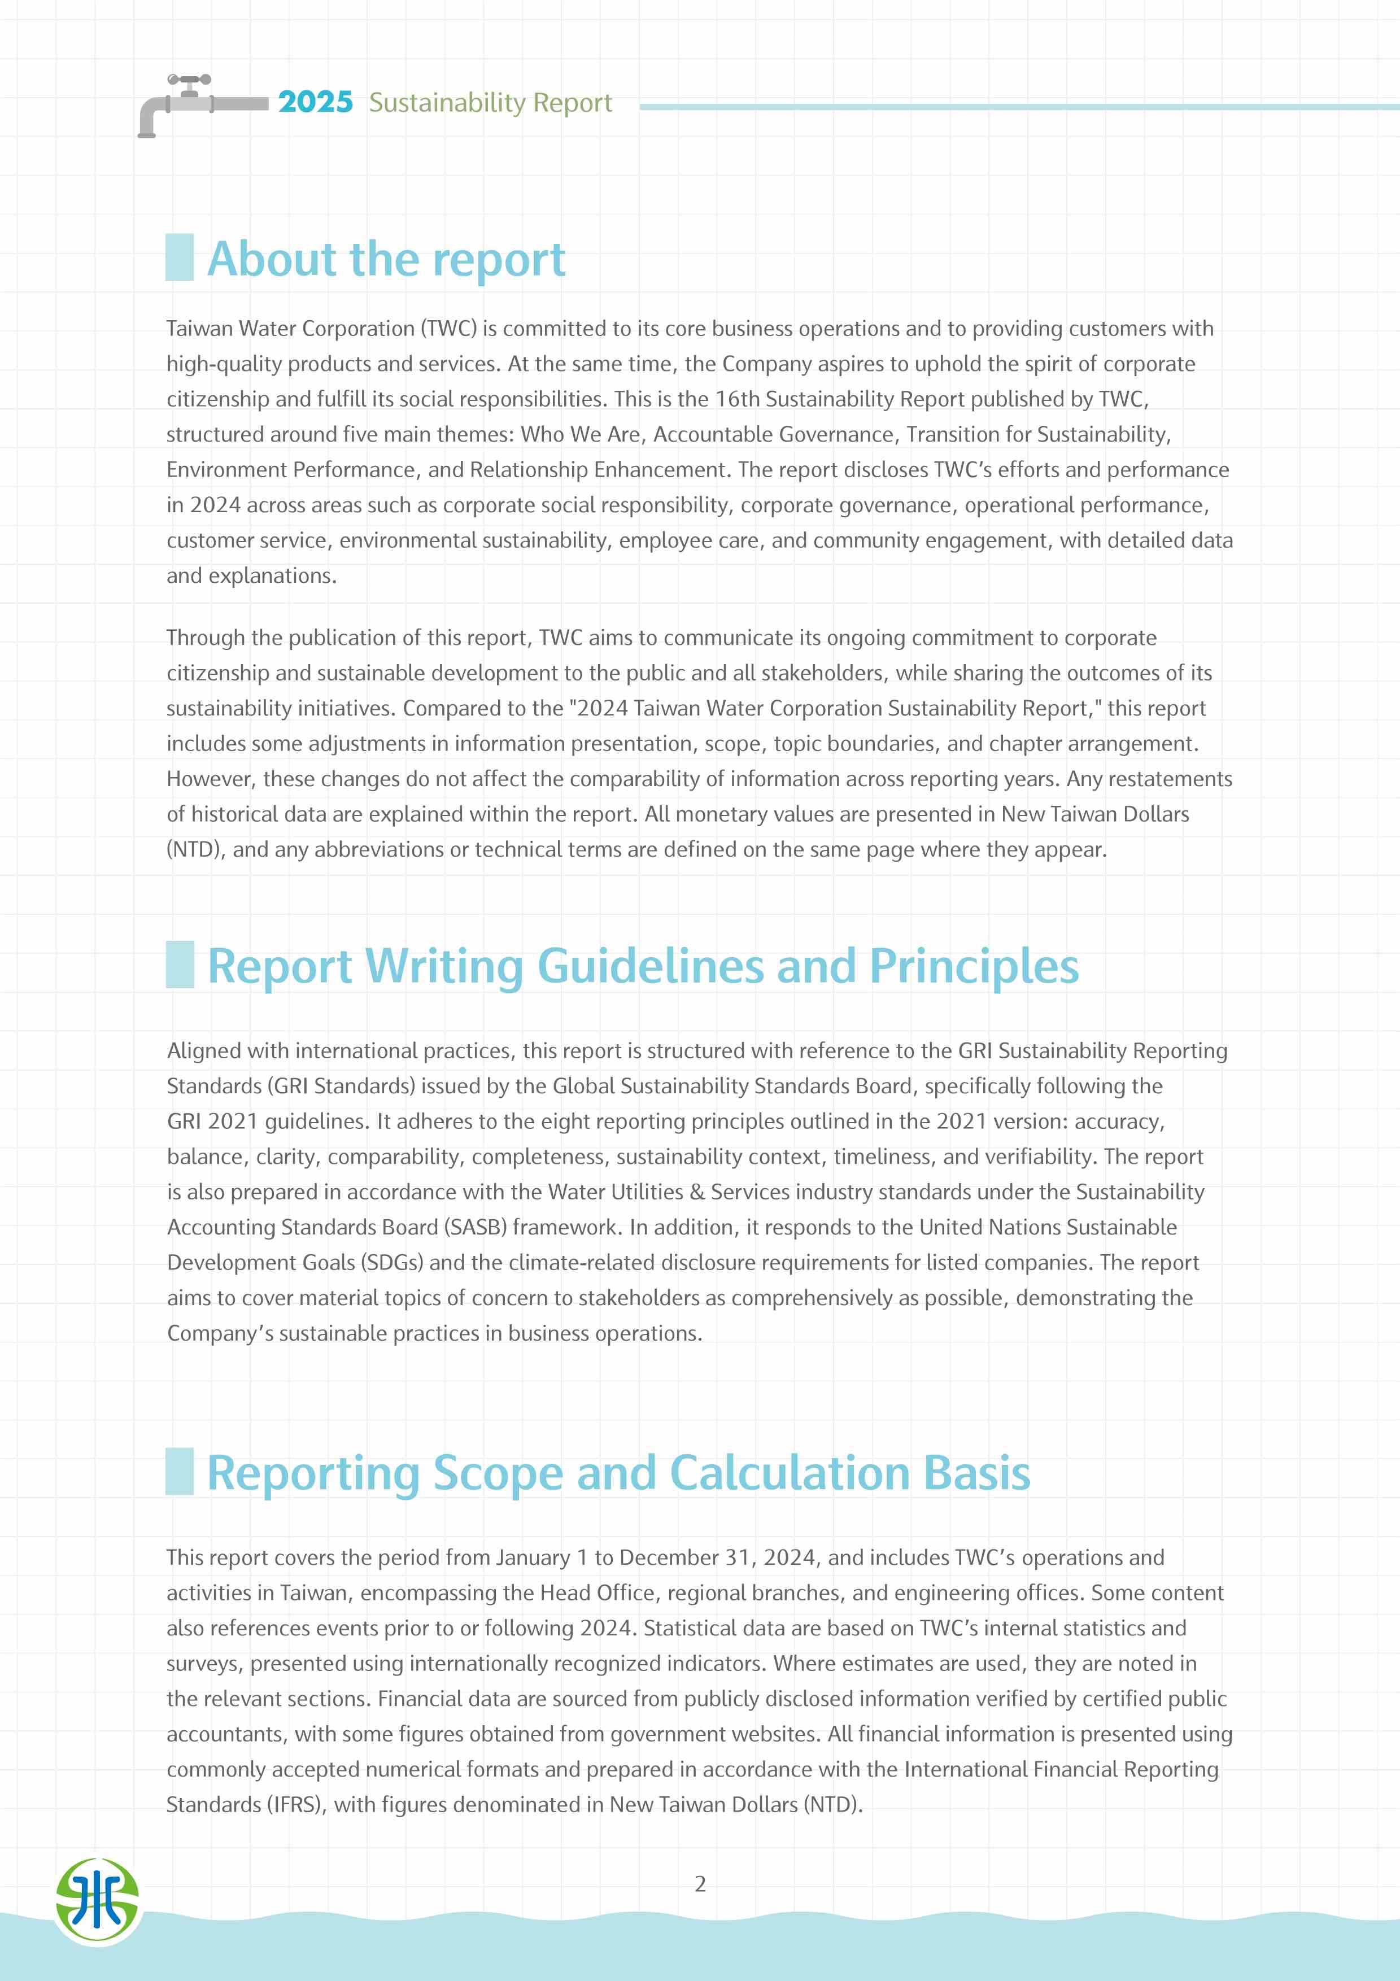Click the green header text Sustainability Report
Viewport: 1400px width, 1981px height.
point(490,103)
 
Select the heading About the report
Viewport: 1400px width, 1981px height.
point(386,259)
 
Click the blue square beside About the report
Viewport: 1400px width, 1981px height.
point(180,257)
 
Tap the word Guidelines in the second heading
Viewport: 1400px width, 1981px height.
point(651,966)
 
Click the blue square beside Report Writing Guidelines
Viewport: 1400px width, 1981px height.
point(180,965)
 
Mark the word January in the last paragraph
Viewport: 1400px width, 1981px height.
point(532,1558)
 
